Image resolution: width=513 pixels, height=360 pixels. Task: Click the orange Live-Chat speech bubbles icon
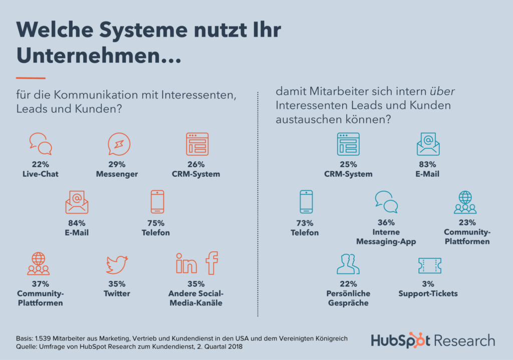pyautogui.click(x=41, y=143)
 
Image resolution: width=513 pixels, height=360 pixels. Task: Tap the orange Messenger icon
pyautogui.click(x=119, y=144)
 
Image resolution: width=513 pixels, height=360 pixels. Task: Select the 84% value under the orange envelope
pyautogui.click(x=76, y=223)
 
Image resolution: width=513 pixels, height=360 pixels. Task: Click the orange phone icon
pyautogui.click(x=157, y=202)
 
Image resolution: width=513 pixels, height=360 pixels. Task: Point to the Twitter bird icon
pyautogui.click(x=117, y=264)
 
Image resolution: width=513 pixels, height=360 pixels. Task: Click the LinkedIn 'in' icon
pyautogui.click(x=186, y=263)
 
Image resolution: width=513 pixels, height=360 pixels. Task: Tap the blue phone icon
pyautogui.click(x=306, y=202)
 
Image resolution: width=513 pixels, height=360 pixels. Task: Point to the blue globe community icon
pyautogui.click(x=465, y=202)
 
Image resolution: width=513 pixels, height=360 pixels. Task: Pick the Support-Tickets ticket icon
pyautogui.click(x=429, y=265)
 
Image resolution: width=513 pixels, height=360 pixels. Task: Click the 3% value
pyautogui.click(x=429, y=284)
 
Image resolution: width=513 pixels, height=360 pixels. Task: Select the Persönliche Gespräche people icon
pyautogui.click(x=348, y=264)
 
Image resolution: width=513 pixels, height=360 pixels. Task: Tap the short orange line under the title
pyautogui.click(x=31, y=78)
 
